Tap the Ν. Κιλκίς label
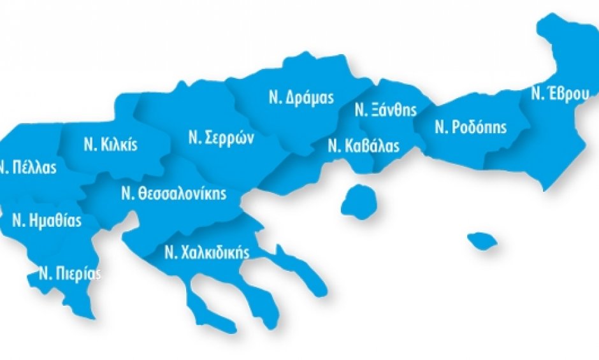pos(110,144)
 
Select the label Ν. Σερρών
pos(221,138)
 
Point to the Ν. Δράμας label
pos(301,99)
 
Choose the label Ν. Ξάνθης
pos(386,110)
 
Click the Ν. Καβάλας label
pos(363,146)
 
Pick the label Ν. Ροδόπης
pos(471,127)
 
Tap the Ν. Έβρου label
pos(559,94)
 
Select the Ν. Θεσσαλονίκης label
pos(174,194)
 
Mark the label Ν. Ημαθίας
pos(47,220)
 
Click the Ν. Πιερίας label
pos(69,273)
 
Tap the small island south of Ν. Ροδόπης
pos(482,241)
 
